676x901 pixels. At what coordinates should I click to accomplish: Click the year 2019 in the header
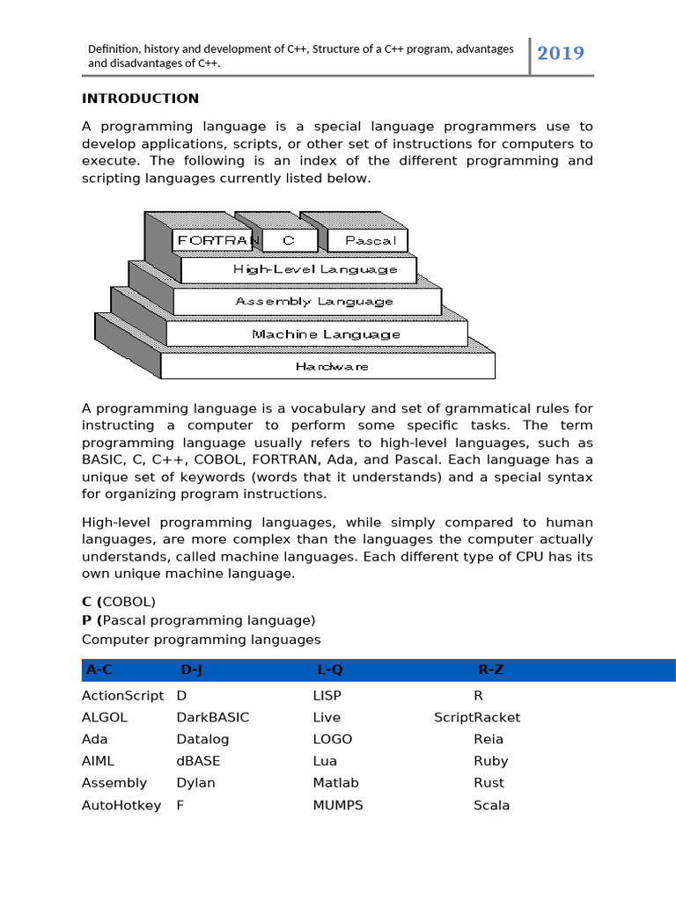[561, 54]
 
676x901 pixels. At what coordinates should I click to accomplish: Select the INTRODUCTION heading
[140, 98]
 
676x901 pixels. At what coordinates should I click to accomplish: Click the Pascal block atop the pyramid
[371, 240]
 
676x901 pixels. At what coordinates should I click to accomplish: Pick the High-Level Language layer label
[315, 270]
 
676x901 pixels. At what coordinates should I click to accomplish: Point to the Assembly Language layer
[314, 301]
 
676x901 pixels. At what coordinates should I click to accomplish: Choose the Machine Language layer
[326, 334]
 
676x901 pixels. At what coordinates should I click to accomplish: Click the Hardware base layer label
[332, 366]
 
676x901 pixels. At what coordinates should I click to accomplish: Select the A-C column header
[99, 670]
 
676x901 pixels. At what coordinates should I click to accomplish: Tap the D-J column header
[191, 670]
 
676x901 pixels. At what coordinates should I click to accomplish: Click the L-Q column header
[329, 670]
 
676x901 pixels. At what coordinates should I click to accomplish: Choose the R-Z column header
[490, 670]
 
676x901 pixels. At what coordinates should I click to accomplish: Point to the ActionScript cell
[122, 695]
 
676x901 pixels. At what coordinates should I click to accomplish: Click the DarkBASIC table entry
[212, 717]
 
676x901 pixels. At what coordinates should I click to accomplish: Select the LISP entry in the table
[327, 695]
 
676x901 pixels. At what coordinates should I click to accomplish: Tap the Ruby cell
[490, 761]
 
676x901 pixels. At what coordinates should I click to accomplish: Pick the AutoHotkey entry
[121, 805]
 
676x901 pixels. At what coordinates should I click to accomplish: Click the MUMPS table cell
[337, 805]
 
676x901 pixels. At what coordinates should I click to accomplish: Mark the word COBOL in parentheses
[129, 602]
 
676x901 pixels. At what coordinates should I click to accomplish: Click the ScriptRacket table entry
[477, 717]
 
